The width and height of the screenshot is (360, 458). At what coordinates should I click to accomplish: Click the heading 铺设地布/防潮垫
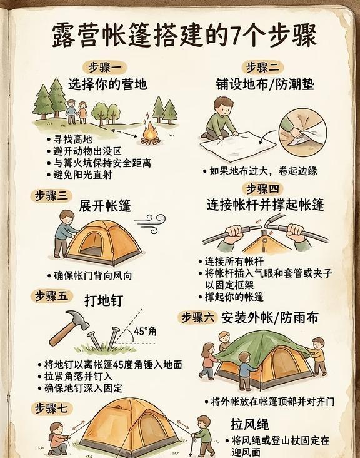265,84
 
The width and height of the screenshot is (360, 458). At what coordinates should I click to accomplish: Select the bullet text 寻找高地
73,140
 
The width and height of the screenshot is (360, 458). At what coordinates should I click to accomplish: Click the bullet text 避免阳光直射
82,175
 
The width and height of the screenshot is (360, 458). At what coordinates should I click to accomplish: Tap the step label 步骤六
197,317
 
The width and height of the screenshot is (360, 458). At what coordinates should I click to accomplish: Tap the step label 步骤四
262,188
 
